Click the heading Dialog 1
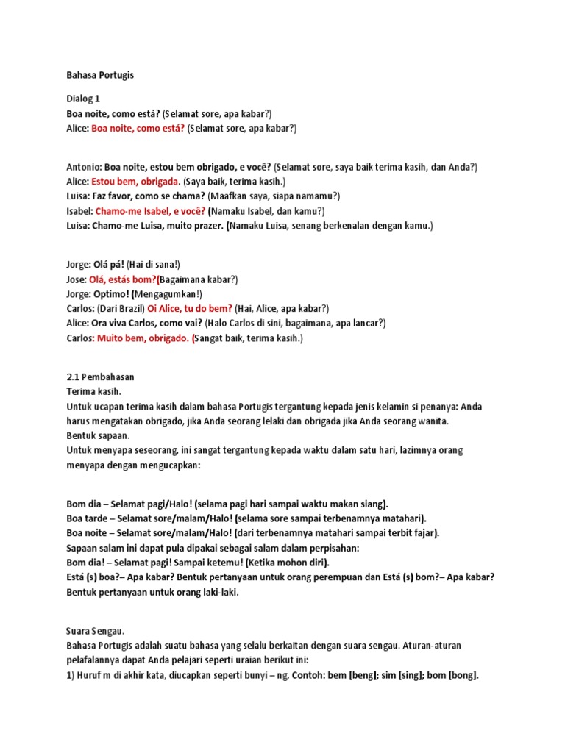click(83, 98)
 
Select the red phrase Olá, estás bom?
click(123, 279)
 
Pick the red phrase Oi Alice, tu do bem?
click(190, 309)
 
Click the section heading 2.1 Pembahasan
click(100, 377)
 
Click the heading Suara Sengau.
click(96, 631)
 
